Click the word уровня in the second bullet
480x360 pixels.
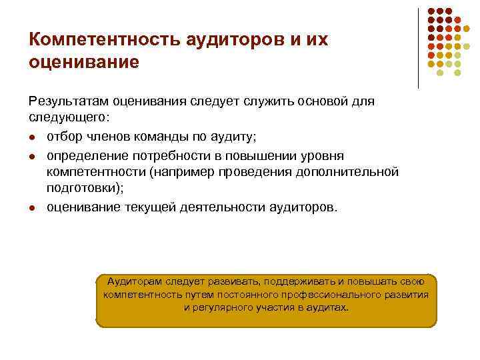click(322, 155)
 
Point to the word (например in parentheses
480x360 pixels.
click(179, 172)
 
